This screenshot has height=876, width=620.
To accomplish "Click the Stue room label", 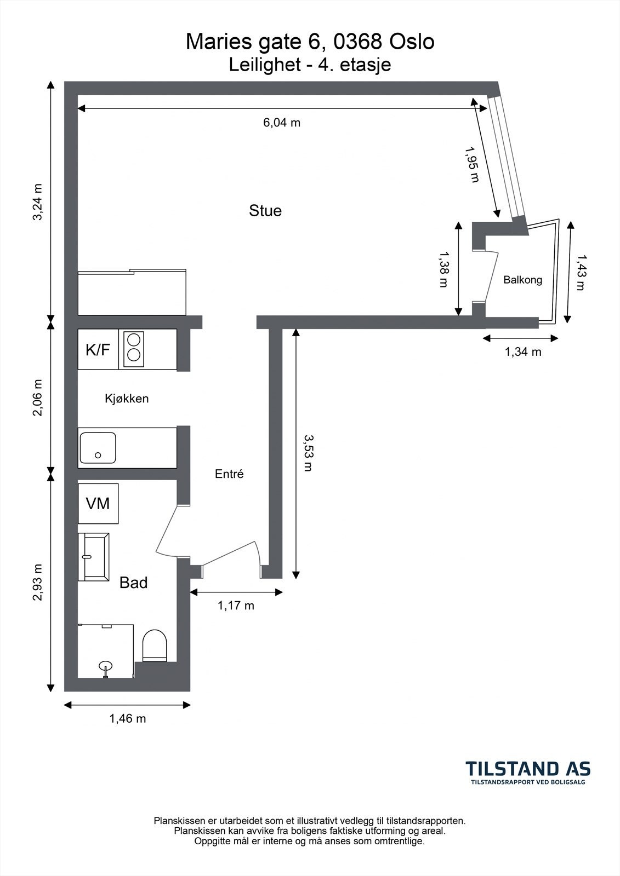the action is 265,211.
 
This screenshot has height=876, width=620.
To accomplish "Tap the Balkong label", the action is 522,280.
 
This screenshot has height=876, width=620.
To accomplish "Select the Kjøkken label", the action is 127,399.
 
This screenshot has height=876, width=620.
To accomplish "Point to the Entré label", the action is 229,474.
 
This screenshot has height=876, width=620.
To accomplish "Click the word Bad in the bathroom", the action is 133,583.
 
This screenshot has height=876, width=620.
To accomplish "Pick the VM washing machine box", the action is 98,503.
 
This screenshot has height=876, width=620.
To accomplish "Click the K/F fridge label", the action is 98,350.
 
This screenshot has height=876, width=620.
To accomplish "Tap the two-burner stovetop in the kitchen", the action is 134,349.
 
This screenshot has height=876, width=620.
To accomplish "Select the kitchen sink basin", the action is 98,448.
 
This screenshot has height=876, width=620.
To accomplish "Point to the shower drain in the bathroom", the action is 105,666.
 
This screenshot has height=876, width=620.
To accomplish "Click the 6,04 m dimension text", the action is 282,123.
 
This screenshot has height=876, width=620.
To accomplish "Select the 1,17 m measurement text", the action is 236,606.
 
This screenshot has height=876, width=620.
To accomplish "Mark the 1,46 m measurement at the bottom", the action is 127,718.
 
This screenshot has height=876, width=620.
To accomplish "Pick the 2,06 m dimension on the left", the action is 38,397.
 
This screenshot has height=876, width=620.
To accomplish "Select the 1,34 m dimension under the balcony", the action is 523,352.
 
